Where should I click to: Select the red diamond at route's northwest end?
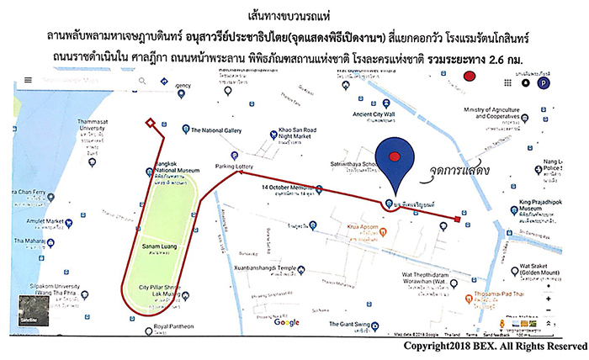pyautogui.click(x=150, y=124)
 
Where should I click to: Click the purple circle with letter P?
pyautogui.click(x=545, y=84)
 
